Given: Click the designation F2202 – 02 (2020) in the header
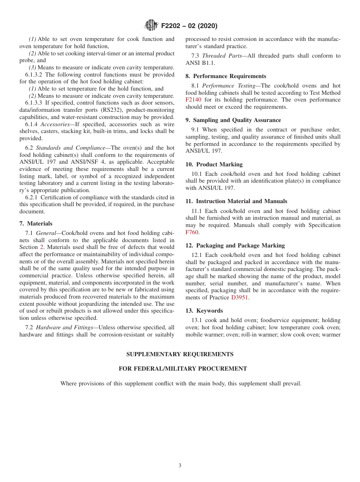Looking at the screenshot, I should pos(189,26).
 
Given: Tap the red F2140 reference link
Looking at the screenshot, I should pos(193,100).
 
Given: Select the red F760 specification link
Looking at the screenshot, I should pos(192,232).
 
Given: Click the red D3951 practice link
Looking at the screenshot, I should pos(239,297).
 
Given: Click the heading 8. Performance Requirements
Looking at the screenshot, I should pos(226,76).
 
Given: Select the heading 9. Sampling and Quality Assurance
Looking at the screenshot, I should pos(233,120).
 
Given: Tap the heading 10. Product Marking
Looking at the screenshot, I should pos(214,164).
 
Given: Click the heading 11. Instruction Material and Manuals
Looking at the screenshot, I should pos(236,201).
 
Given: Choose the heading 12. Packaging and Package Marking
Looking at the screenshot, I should pos(235,246).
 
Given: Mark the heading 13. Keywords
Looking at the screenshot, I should pos(204,311).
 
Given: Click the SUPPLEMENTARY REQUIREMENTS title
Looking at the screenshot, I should pos(180,354).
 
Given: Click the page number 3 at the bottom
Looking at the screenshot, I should pos(180,466).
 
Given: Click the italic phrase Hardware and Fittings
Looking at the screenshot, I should pos(64,327).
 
